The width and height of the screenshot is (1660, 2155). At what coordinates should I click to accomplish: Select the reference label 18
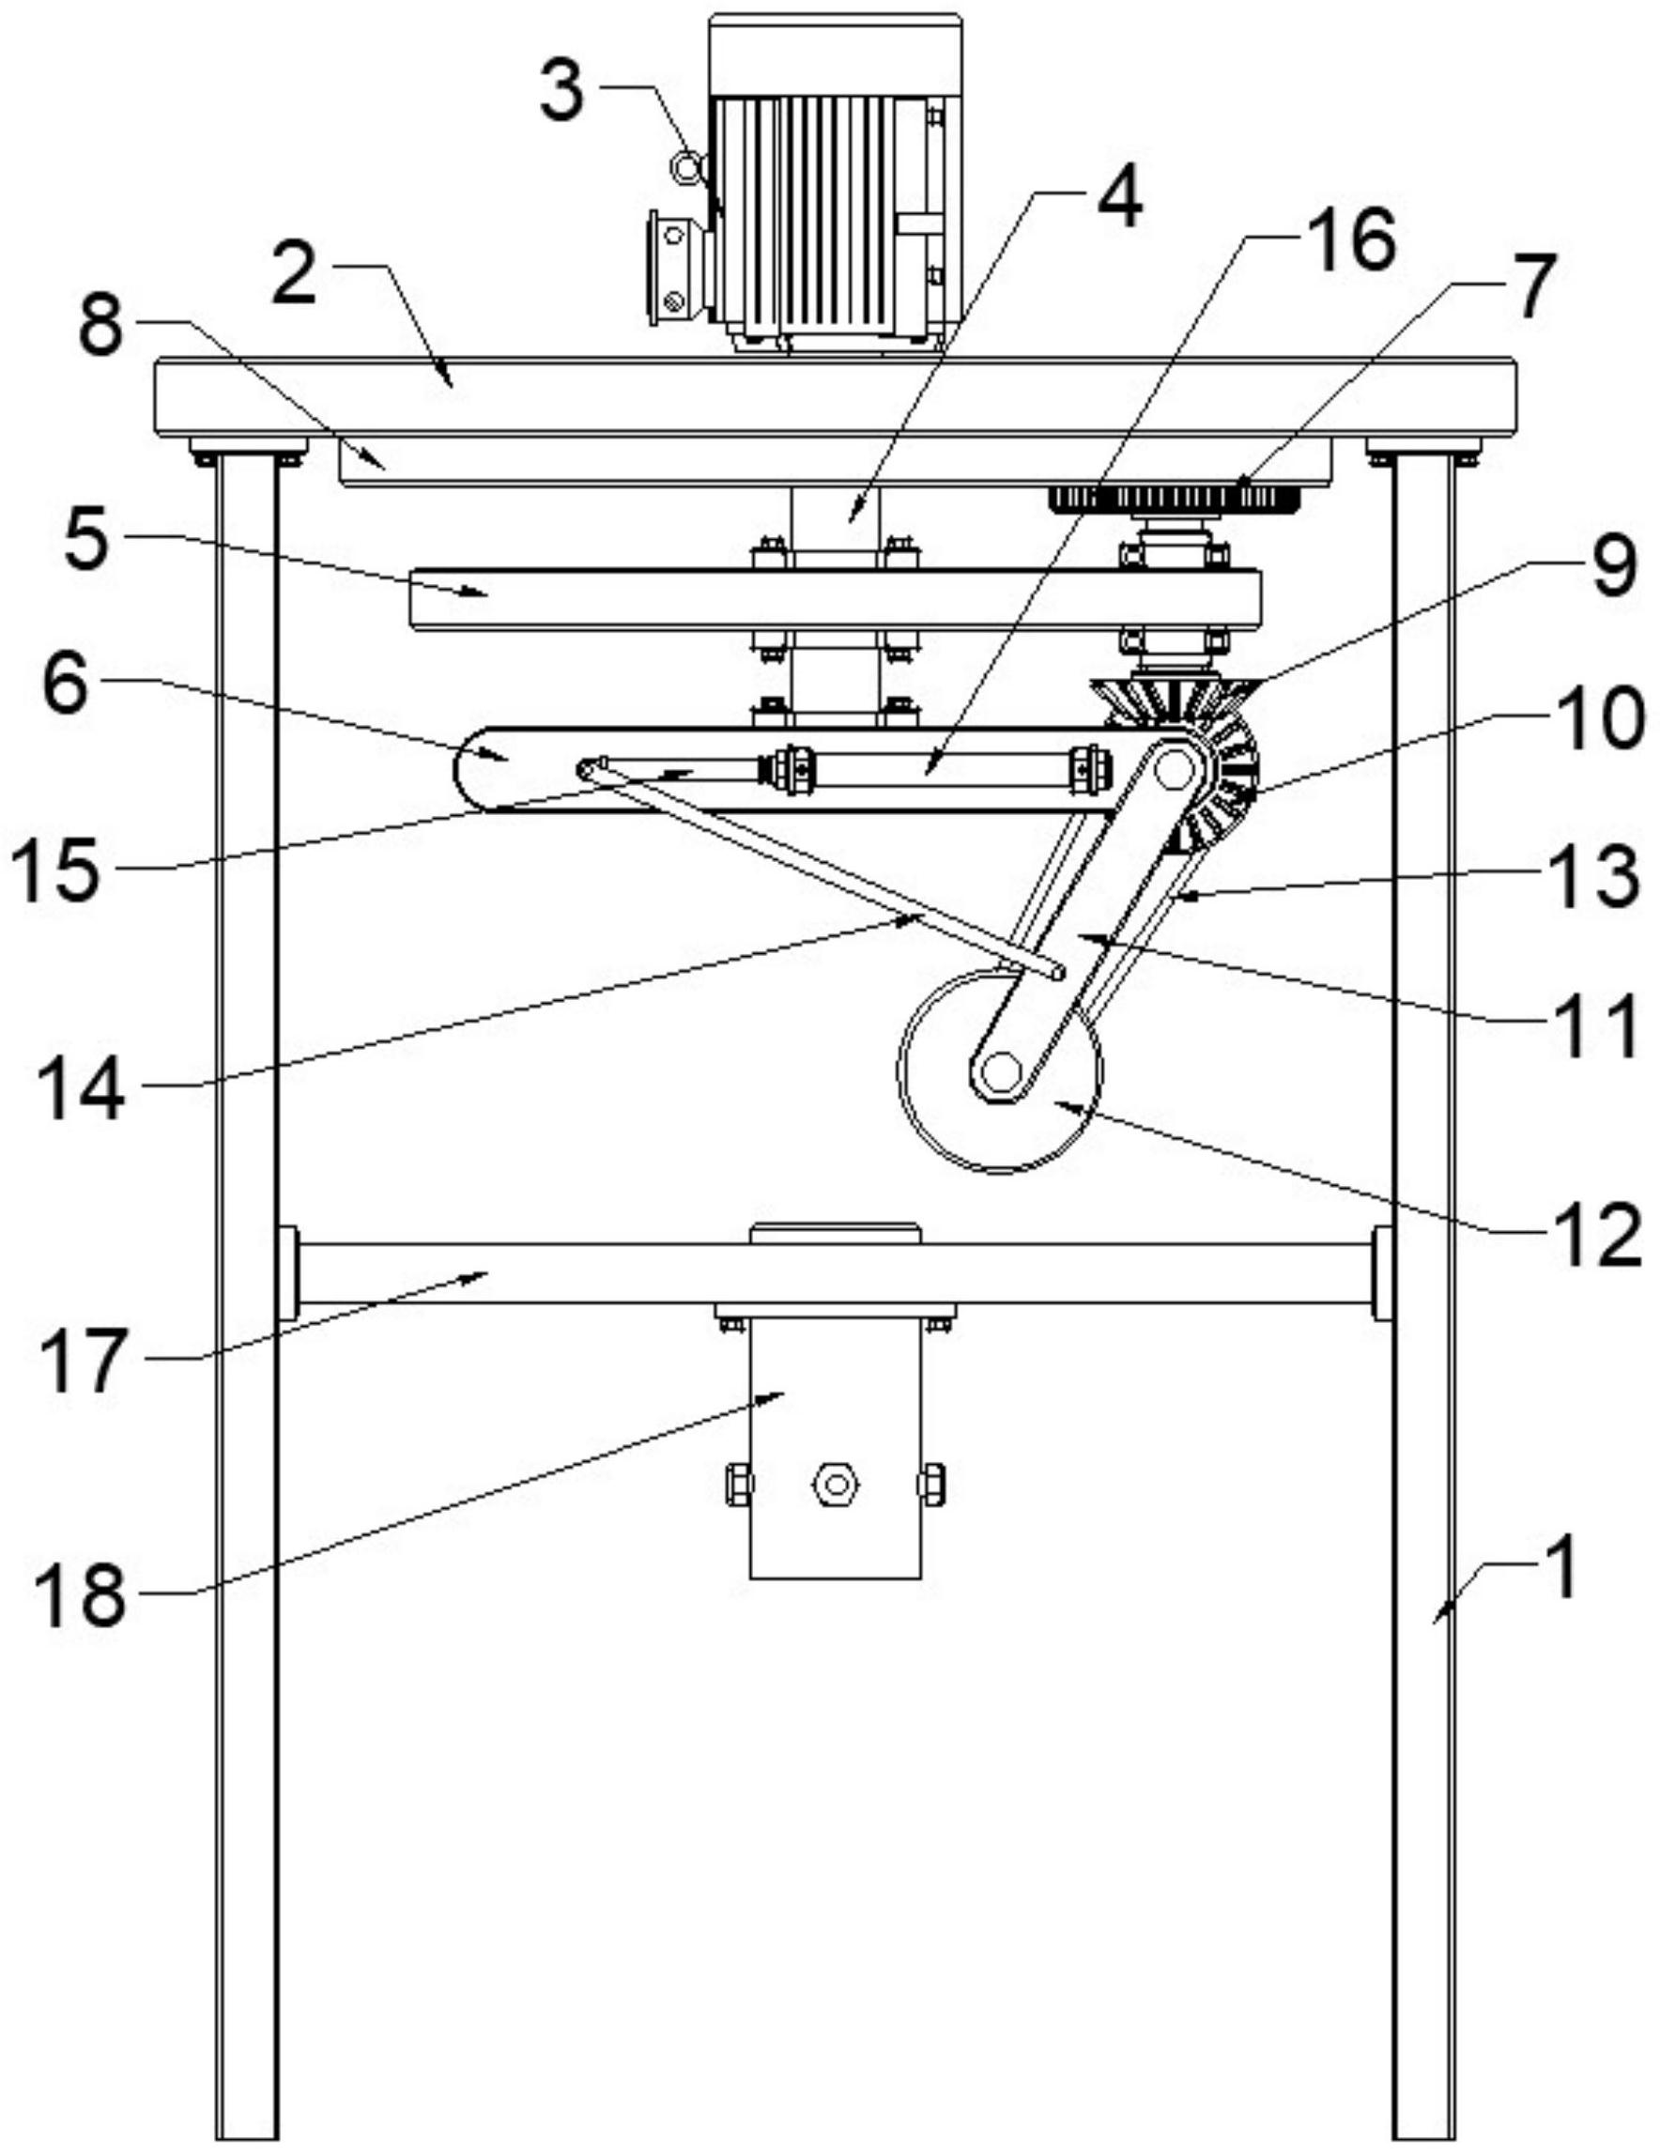click(81, 1596)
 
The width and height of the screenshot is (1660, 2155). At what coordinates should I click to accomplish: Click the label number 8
click(101, 326)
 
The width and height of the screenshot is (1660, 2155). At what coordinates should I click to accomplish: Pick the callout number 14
click(81, 1089)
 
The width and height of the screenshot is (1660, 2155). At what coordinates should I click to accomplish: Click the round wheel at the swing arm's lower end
click(1001, 1070)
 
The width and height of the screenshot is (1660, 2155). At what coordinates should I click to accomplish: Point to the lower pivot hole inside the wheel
click(1002, 1070)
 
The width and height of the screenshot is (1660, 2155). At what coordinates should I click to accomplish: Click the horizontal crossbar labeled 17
click(835, 1273)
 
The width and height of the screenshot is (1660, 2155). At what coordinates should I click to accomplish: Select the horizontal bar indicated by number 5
click(835, 598)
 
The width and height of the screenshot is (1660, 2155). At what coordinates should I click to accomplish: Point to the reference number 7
click(1530, 288)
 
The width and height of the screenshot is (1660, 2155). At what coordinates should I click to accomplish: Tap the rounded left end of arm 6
click(471, 771)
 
